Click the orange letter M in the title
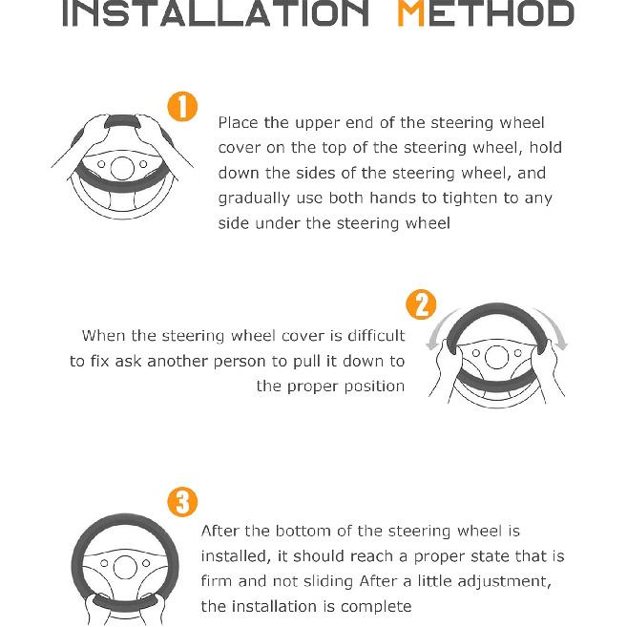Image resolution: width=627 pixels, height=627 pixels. coord(410,14)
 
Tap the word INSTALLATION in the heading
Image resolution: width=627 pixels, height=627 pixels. coord(216,14)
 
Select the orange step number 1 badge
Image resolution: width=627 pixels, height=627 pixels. coord(182,106)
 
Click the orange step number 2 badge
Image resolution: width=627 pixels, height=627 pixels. coord(421,304)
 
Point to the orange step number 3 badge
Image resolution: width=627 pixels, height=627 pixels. coord(182,502)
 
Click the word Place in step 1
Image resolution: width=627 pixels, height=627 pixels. coord(239,122)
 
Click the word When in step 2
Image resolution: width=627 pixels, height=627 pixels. coord(104,336)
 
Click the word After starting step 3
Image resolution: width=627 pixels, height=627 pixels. coord(220,531)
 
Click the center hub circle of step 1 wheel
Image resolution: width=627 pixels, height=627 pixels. coord(122,168)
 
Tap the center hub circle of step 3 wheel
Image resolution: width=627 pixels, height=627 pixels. coord(125,567)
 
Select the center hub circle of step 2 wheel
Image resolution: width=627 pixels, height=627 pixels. coord(496,357)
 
